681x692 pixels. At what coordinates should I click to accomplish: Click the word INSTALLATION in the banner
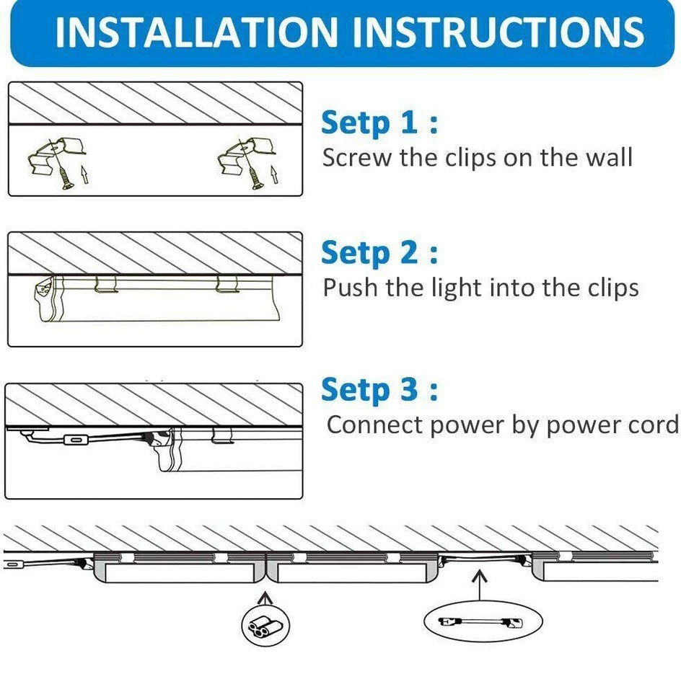196,32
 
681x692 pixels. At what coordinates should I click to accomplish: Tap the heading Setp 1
379,123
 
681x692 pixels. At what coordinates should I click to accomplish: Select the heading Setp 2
379,253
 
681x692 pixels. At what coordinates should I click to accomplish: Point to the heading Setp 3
379,390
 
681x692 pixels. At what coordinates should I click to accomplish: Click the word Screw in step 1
357,158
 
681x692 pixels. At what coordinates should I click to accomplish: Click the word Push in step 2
350,288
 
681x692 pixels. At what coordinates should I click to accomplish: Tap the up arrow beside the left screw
84,174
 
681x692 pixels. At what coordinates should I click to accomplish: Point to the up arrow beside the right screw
275,174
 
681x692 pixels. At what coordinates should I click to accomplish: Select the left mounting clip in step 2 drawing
106,284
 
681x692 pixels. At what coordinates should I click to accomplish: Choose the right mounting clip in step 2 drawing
227,284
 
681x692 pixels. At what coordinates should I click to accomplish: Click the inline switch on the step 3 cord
76,440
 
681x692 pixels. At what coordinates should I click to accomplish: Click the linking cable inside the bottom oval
481,622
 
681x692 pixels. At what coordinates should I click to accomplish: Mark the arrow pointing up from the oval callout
480,585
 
